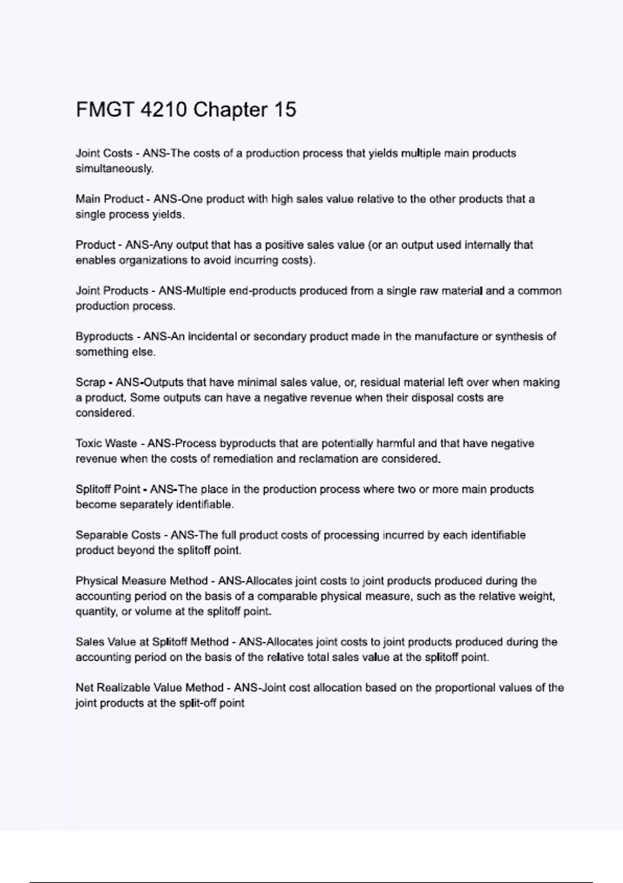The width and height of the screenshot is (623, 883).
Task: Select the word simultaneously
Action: click(114, 169)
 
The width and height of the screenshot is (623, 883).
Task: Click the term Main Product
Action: click(109, 199)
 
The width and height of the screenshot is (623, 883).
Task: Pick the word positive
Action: click(285, 245)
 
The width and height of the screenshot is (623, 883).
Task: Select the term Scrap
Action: click(90, 382)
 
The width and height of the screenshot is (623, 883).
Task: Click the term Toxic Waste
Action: click(106, 444)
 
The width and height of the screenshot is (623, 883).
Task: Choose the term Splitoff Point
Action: click(108, 489)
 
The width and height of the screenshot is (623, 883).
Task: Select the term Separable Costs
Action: click(118, 535)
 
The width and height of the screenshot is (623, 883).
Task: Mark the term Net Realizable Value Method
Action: click(150, 688)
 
